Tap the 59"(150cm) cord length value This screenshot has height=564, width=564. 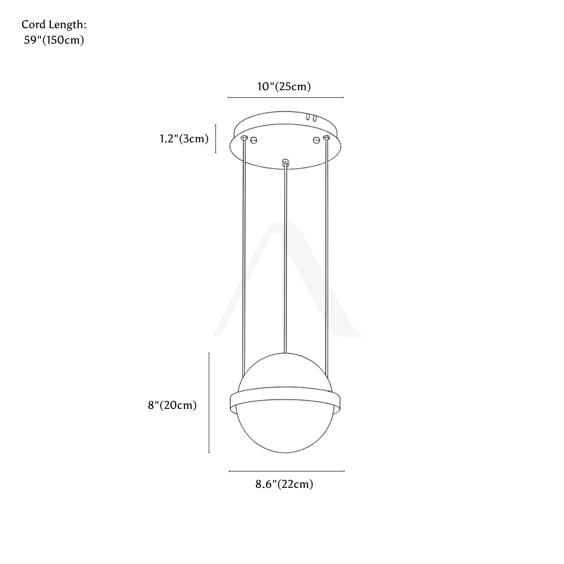54,40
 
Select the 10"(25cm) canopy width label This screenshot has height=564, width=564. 284,86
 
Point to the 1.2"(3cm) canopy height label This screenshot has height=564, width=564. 184,139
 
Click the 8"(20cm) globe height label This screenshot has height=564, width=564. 172,405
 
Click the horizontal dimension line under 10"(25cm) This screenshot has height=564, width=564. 286,97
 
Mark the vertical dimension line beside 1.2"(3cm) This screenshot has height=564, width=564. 216,139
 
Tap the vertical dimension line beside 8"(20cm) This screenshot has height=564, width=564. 209,403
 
